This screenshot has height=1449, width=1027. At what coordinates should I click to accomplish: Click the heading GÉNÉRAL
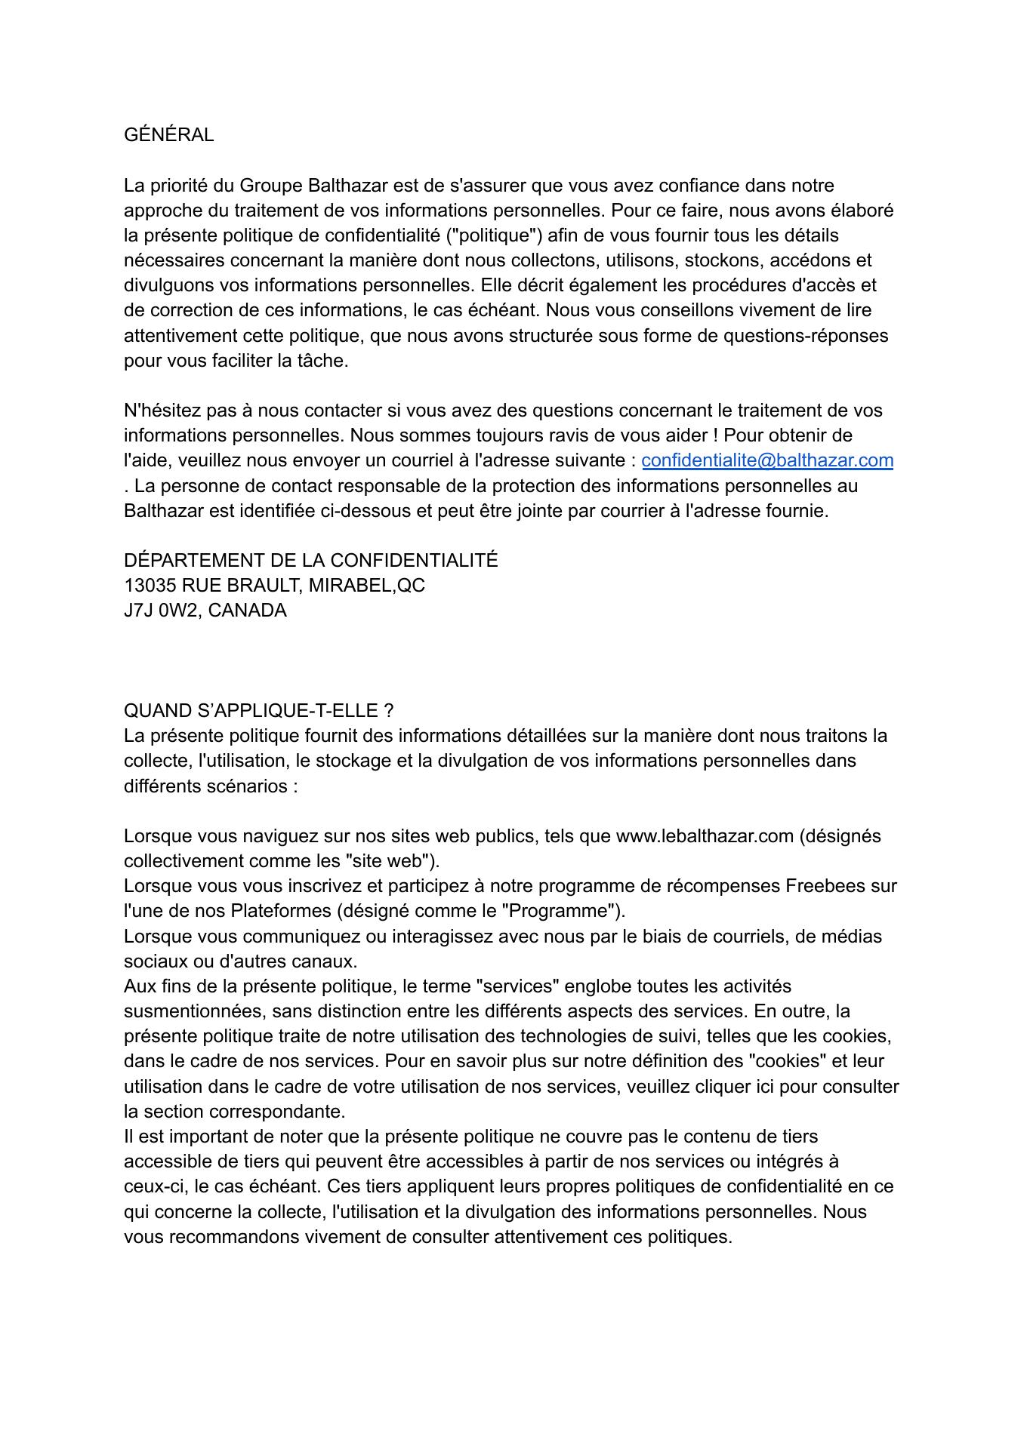(x=168, y=135)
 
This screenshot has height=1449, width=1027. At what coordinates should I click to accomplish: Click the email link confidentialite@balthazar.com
(x=767, y=460)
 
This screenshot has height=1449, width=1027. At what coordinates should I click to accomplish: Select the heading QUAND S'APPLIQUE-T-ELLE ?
(x=258, y=711)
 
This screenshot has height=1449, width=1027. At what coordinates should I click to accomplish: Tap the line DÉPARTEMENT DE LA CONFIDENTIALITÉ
(x=310, y=561)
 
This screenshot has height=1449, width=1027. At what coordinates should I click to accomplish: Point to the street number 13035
(x=150, y=586)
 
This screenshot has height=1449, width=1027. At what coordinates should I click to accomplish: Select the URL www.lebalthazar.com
(x=705, y=836)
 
